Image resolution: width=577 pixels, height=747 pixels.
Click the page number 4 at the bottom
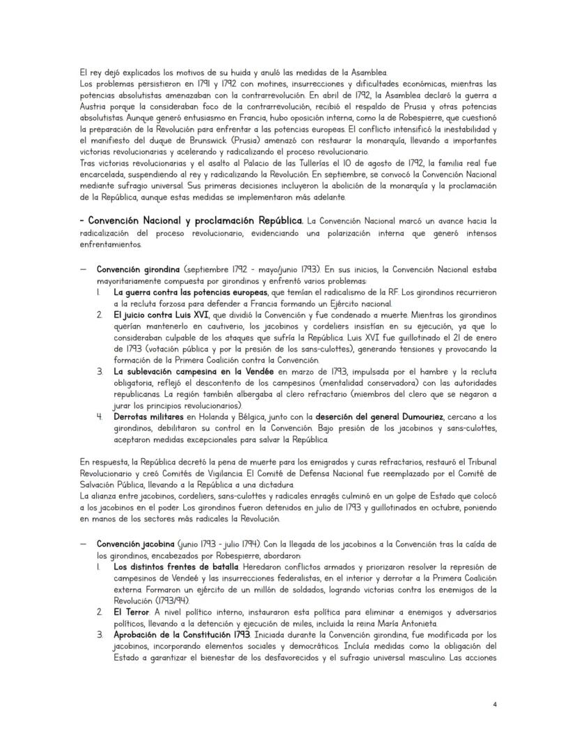tap(494, 704)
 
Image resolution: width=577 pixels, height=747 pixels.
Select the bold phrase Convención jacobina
tap(128, 543)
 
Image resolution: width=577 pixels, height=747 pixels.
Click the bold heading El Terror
tap(132, 612)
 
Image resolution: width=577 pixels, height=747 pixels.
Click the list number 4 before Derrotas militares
tap(100, 416)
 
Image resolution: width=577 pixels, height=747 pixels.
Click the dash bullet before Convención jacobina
tap(83, 543)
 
